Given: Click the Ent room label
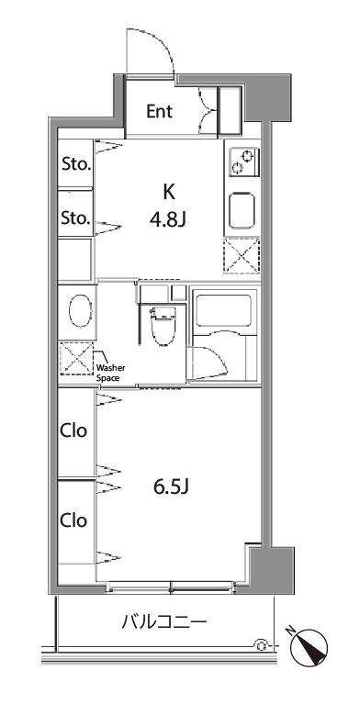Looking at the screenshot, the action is point(159,111).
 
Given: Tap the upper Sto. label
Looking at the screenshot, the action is point(76,164).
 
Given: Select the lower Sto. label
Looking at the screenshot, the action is point(76,218).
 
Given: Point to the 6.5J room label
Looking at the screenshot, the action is point(172,487).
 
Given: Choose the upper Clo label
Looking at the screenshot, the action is point(73,430).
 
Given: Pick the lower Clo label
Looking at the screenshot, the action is point(73,520).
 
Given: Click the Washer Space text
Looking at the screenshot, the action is point(109,373).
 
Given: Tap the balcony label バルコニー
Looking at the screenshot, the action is point(164,621).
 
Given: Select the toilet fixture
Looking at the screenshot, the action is point(163,326).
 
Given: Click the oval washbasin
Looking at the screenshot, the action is point(81,310).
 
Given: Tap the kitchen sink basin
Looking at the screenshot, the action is point(242,210).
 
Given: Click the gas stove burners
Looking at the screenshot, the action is point(243,162).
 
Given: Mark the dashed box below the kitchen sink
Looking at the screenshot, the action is point(242,256).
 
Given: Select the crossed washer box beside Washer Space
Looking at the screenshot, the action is point(76,358).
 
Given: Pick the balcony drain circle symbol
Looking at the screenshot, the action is point(262,644).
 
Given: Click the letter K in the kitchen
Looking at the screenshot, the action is point(168,194).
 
